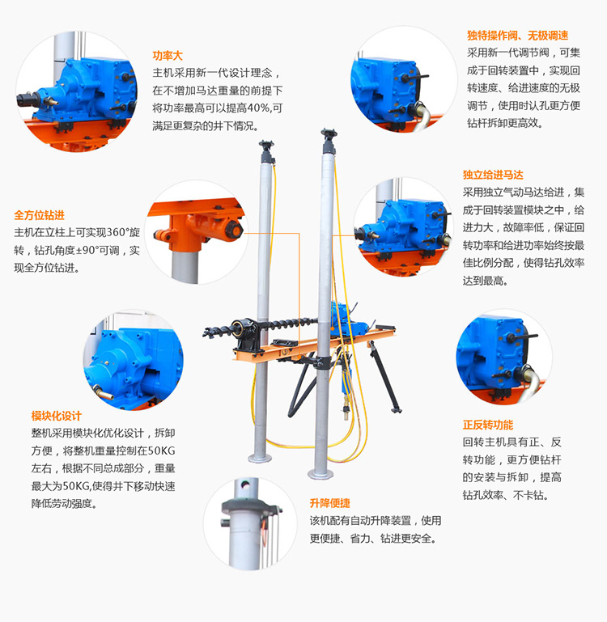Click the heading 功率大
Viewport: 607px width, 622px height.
pyautogui.click(x=168, y=56)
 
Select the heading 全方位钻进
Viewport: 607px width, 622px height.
pyautogui.click(x=39, y=216)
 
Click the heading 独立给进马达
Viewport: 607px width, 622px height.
pyautogui.click(x=493, y=175)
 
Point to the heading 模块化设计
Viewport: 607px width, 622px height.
pyautogui.click(x=56, y=416)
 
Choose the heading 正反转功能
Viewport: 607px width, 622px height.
pyautogui.click(x=487, y=425)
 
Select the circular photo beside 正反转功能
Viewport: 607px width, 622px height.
pyautogui.click(x=503, y=358)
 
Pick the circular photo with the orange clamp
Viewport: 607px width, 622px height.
pyautogui.click(x=197, y=231)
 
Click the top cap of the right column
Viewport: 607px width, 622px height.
pyautogui.click(x=327, y=134)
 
